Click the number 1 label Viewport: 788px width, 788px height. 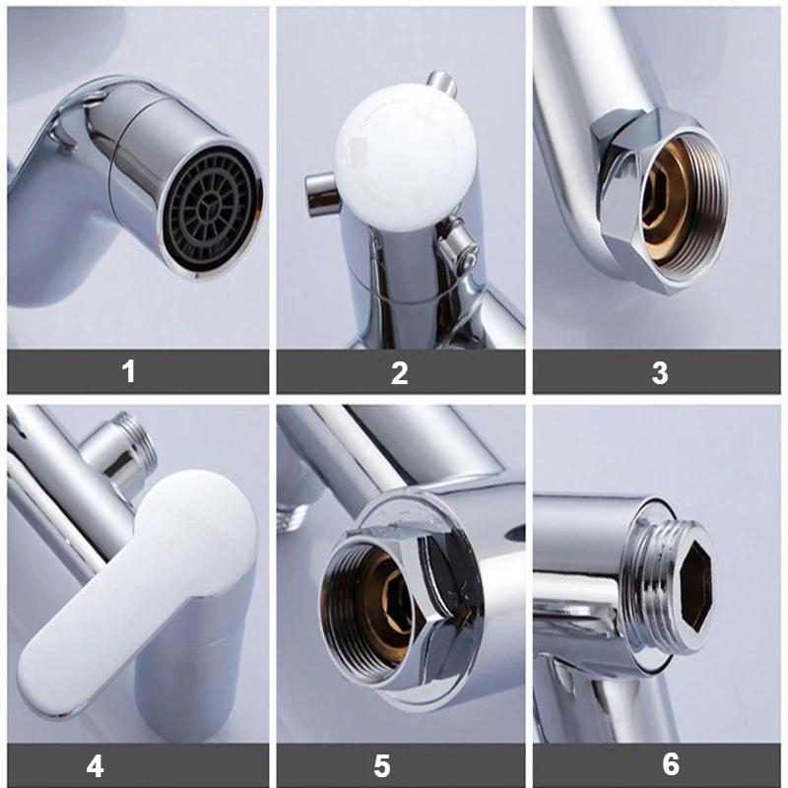[128, 372]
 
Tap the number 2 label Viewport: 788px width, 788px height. [399, 372]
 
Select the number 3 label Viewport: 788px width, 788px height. [659, 372]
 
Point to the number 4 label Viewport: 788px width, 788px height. [97, 764]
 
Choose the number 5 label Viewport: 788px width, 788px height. [382, 764]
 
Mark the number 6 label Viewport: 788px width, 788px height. [670, 764]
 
